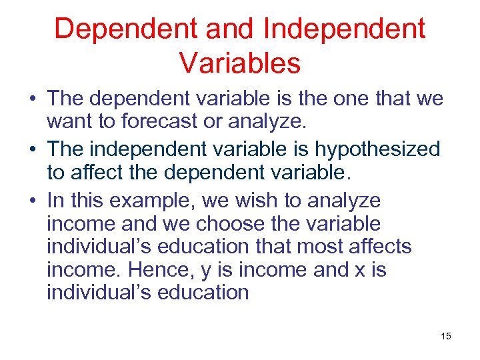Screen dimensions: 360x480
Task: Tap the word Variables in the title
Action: coord(240,63)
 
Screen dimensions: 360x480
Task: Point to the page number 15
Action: coord(445,336)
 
